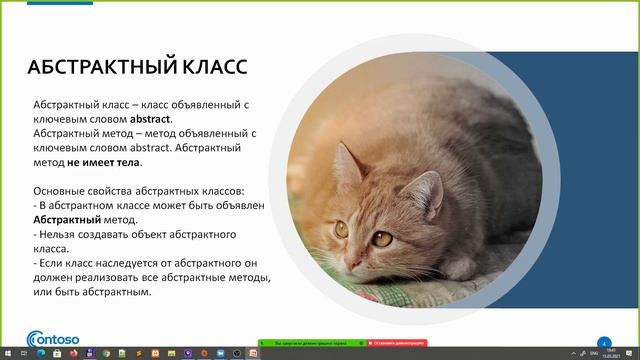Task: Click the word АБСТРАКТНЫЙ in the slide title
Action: point(97,68)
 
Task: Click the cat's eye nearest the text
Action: point(341,228)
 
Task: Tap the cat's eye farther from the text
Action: point(381,238)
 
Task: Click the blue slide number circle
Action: point(603,340)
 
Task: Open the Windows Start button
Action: point(8,354)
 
